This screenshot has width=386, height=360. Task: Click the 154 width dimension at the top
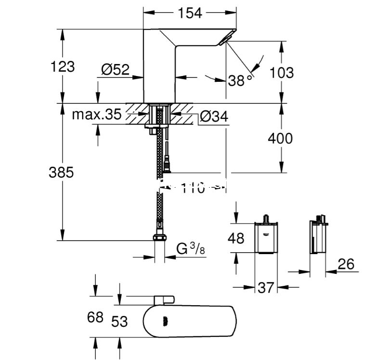coord(190,13)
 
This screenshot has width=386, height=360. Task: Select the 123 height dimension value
coord(63,66)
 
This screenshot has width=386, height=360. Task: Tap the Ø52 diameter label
coord(115,70)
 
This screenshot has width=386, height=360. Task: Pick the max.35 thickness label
coord(97,115)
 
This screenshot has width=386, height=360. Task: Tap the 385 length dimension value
coord(61,172)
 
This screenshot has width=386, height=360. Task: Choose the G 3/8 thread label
coord(188,249)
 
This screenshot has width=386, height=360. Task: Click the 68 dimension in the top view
coord(96,318)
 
